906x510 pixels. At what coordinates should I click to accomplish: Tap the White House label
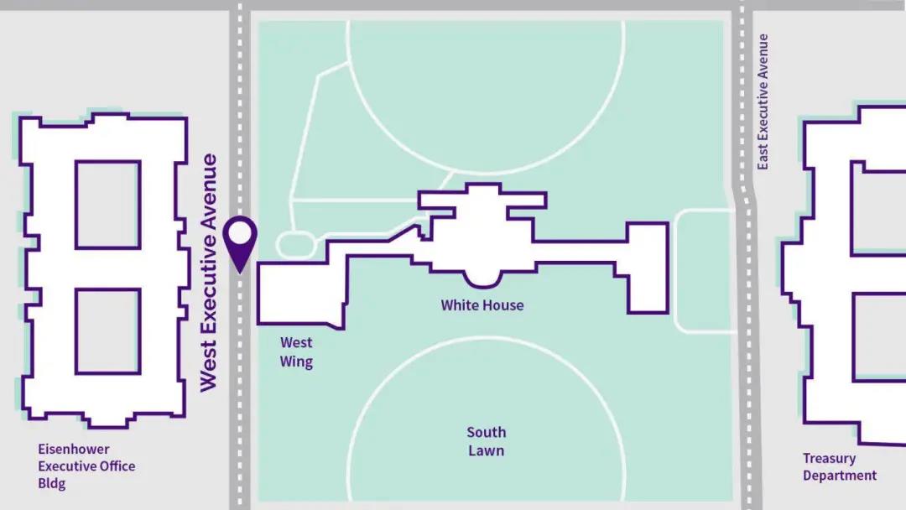click(482, 305)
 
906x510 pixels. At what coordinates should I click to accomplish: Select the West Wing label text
click(297, 352)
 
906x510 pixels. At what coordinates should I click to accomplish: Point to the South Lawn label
click(487, 441)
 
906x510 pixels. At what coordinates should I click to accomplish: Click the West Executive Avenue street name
click(209, 273)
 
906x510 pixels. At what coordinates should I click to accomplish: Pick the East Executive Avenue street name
click(763, 101)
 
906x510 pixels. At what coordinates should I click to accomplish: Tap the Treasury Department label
click(840, 467)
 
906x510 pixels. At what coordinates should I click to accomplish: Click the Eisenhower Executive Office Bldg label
click(86, 466)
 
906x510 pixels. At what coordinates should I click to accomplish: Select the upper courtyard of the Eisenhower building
click(107, 205)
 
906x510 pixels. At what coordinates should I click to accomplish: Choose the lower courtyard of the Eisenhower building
click(107, 331)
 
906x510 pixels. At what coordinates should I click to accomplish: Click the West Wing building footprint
click(298, 294)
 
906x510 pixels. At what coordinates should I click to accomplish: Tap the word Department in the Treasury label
click(840, 476)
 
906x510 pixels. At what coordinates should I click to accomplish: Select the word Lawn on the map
click(487, 450)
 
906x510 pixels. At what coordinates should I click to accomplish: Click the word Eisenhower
click(74, 449)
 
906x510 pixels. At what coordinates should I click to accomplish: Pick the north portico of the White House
click(482, 200)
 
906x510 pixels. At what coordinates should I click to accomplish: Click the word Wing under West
click(297, 362)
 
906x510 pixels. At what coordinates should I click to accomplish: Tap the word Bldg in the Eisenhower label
click(52, 484)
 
